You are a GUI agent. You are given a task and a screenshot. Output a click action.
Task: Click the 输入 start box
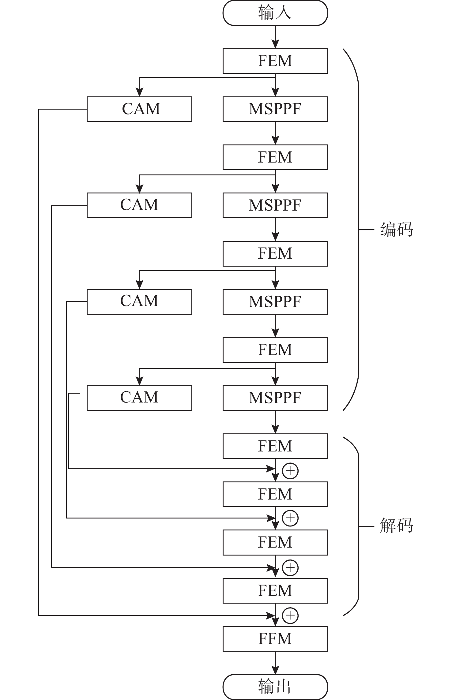point(275,13)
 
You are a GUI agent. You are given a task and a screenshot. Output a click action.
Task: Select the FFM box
point(275,638)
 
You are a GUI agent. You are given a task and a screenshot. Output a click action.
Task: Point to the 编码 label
point(396,229)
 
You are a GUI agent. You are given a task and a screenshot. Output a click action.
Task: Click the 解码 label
point(396,526)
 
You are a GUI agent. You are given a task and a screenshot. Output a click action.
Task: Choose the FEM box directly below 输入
point(275,61)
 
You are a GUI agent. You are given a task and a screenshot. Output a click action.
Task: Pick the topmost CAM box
point(139,109)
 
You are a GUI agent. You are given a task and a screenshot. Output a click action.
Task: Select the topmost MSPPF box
point(275,109)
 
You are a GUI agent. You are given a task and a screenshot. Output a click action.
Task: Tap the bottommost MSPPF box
point(275,398)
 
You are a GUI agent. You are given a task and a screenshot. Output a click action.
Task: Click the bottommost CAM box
point(139,398)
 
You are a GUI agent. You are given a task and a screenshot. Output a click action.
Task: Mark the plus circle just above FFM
point(290,615)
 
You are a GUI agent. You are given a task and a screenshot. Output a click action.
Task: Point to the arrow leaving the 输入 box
point(275,37)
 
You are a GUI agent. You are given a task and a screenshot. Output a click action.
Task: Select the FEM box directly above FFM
point(275,590)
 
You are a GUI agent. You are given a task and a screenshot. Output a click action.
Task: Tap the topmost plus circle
point(290,471)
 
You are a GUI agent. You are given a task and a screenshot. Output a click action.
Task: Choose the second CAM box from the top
point(139,205)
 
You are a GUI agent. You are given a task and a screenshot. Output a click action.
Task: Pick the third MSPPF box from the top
point(275,301)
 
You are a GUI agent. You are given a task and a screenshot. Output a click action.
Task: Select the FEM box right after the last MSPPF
point(275,446)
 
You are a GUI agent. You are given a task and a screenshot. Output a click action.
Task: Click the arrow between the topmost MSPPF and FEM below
point(275,133)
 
